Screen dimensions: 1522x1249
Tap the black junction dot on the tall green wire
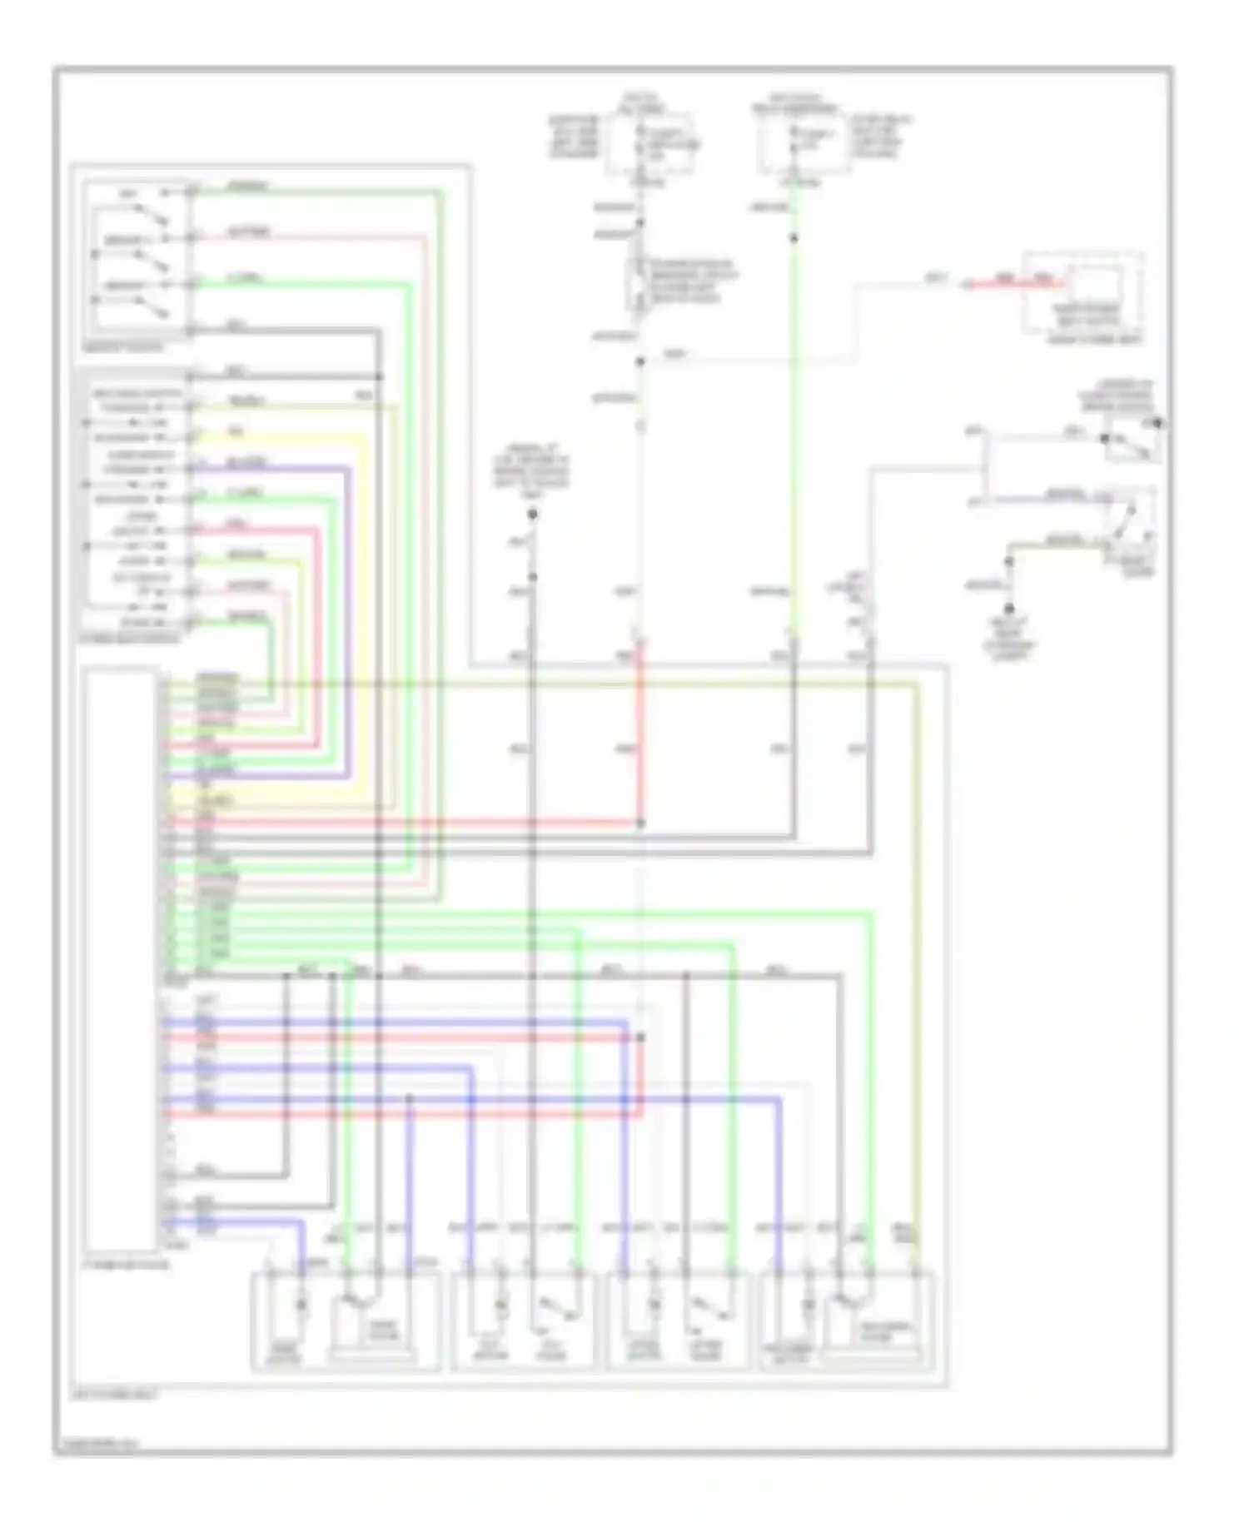794,239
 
